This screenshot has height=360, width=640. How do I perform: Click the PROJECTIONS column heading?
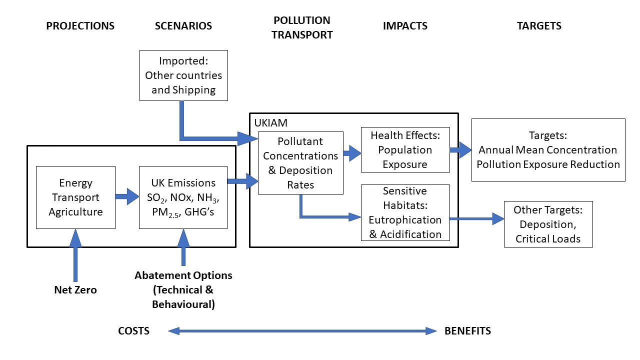coord(80,26)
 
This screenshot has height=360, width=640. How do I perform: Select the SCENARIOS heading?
coord(183,26)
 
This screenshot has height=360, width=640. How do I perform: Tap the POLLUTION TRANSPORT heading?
coord(302,27)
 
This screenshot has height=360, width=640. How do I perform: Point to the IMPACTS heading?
coord(405,26)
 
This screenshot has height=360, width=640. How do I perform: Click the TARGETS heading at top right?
coord(539,26)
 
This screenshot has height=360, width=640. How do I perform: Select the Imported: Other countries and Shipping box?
coord(183,75)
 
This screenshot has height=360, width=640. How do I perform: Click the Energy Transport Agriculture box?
coord(75,197)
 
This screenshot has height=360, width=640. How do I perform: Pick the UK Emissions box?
coord(183,197)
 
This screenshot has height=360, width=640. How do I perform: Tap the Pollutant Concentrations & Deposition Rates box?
coord(300,163)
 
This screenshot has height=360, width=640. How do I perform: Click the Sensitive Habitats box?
coord(405,212)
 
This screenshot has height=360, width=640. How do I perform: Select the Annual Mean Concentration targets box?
coord(548,150)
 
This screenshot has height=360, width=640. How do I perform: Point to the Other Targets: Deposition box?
coord(548,224)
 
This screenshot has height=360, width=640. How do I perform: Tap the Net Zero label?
coord(75,290)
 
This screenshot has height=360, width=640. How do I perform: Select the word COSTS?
coord(133,331)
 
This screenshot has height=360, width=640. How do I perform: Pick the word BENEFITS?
coord(467,331)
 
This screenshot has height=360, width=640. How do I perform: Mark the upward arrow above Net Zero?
coord(75,255)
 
